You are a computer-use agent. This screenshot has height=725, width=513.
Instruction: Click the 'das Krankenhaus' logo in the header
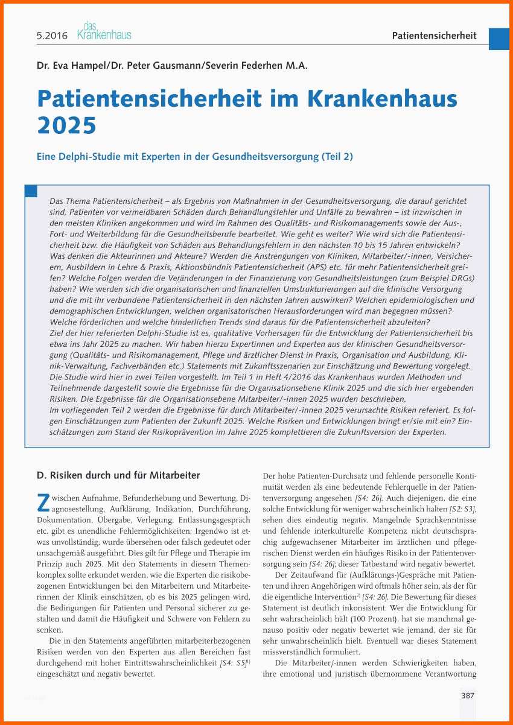click(104, 32)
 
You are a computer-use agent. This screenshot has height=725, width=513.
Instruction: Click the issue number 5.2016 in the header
click(51, 36)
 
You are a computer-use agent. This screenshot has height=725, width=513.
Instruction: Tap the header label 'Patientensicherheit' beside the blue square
click(434, 36)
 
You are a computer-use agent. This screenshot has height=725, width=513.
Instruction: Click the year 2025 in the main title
click(67, 125)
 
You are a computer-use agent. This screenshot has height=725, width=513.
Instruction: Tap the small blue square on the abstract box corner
click(31, 191)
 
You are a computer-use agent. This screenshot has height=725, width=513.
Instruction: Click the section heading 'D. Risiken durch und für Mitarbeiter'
click(118, 475)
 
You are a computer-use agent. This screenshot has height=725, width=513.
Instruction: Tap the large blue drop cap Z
click(43, 502)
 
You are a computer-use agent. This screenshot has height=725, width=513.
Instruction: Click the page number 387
click(468, 695)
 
